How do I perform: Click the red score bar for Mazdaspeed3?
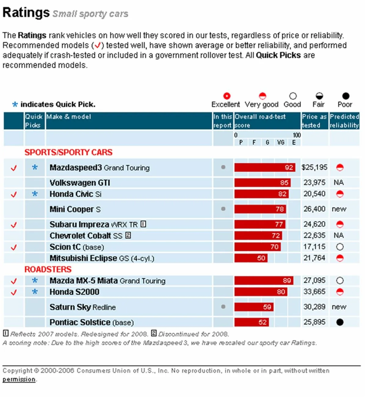point(264,167)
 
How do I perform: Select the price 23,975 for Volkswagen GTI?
point(314,182)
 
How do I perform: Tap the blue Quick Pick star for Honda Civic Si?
point(35,194)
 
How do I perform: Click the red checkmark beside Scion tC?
point(14,247)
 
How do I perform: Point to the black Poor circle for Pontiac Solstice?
point(340,322)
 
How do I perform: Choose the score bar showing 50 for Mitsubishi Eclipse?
point(251,258)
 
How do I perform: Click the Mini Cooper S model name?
point(75,209)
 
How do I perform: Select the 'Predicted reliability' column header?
point(344,121)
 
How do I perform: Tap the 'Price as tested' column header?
point(314,121)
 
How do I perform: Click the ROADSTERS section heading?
point(48,269)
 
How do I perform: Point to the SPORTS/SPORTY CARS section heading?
point(68,152)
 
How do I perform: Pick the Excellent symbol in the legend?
point(227,96)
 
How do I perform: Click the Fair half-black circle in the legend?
point(319,96)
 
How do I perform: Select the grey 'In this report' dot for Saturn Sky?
point(223,307)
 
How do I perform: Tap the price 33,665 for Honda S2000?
point(314,292)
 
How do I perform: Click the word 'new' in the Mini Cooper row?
point(339,209)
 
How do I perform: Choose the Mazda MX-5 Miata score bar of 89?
point(264,281)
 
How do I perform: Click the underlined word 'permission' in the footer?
point(19,379)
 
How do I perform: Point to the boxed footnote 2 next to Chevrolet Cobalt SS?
point(128,235)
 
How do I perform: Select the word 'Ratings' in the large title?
point(26,13)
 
